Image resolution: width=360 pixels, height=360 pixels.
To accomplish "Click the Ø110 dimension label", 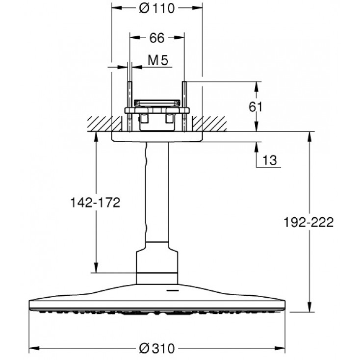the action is (x=157, y=8).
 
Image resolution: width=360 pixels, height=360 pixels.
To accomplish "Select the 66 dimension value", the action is (x=157, y=38).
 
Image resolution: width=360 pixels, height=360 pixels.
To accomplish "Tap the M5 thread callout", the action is (x=158, y=60).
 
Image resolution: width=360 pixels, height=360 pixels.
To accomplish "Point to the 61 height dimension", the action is (x=256, y=107).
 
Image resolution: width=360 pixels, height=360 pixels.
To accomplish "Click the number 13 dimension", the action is (x=270, y=160).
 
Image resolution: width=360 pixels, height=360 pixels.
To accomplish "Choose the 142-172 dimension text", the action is (x=95, y=203).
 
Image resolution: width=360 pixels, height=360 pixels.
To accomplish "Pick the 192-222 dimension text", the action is (x=309, y=222).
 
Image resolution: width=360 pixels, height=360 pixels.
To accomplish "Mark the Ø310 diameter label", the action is (x=157, y=348).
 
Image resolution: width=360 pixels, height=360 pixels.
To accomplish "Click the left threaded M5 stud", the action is (x=129, y=106).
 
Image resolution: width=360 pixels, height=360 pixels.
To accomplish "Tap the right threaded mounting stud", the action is (x=184, y=106).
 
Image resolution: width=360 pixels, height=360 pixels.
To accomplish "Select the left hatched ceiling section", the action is (x=104, y=124).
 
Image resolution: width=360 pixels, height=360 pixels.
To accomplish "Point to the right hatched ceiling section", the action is (x=209, y=124).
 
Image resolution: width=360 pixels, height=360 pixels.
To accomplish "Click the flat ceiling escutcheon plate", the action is (x=157, y=137).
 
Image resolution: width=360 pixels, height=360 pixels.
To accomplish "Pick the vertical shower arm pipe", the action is (x=157, y=192).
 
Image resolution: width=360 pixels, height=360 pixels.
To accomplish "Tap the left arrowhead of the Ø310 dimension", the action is (x=34, y=348).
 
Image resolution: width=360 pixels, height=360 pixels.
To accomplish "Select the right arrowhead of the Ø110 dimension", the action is (x=198, y=8).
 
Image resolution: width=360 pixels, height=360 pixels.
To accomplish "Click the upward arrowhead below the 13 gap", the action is (x=257, y=148).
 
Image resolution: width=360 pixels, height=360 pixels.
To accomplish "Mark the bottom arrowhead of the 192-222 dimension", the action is (x=309, y=307).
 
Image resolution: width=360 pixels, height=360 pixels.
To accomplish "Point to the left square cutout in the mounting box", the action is (x=144, y=118).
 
